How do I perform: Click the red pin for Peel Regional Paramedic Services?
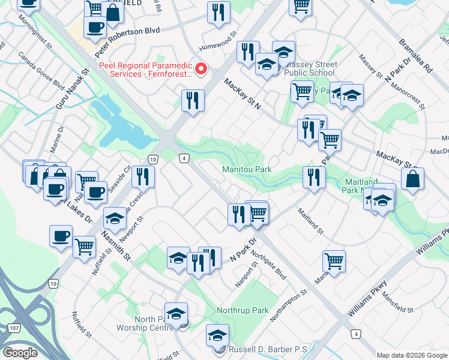click(201, 69)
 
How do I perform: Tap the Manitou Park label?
click(247, 170)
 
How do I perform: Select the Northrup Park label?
click(244, 310)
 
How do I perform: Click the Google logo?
click(20, 353)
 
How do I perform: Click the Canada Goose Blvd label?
click(41, 71)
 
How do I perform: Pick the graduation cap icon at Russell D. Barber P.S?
click(217, 337)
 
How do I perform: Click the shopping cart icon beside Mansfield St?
click(334, 260)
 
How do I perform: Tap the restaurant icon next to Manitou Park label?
click(314, 177)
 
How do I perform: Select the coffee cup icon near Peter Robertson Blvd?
click(95, 26)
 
